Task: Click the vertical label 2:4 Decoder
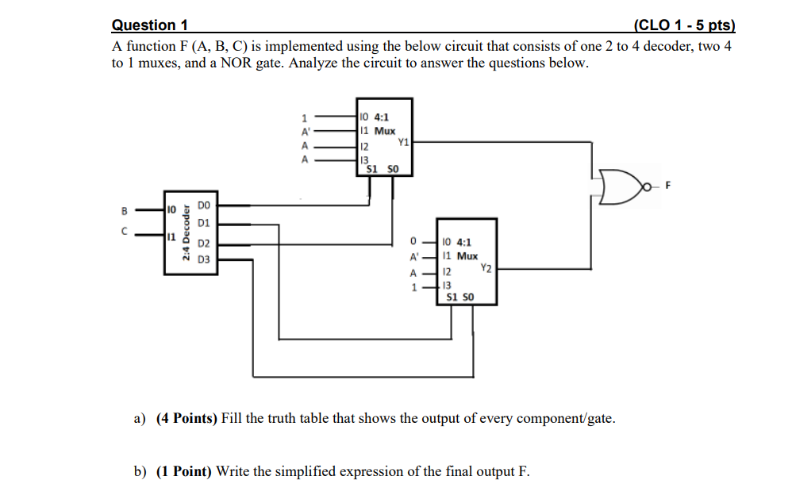tap(185, 234)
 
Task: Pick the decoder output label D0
tap(204, 205)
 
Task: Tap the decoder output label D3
tap(204, 259)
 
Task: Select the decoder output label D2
tap(204, 243)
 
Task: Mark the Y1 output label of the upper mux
tap(402, 143)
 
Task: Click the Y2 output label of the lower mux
tap(486, 269)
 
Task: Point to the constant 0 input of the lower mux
tap(413, 240)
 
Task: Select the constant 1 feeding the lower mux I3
tap(413, 286)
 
